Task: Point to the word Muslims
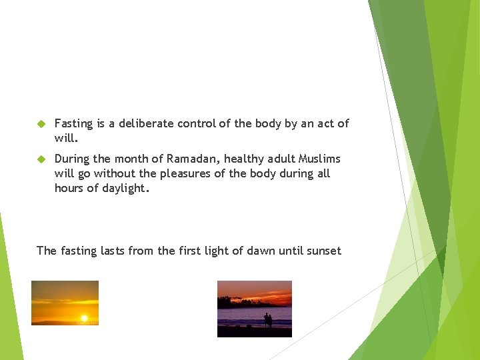coord(319,159)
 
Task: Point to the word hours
coord(69,188)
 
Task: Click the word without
coord(115,173)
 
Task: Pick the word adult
coord(281,159)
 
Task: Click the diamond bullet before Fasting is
coord(41,124)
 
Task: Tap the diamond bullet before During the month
coord(41,159)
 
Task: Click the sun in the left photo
coord(84,318)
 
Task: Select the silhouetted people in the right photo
coord(267,319)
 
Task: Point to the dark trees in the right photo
coord(233,302)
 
